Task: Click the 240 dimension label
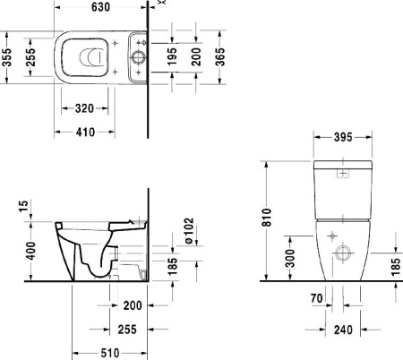[340, 330]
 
